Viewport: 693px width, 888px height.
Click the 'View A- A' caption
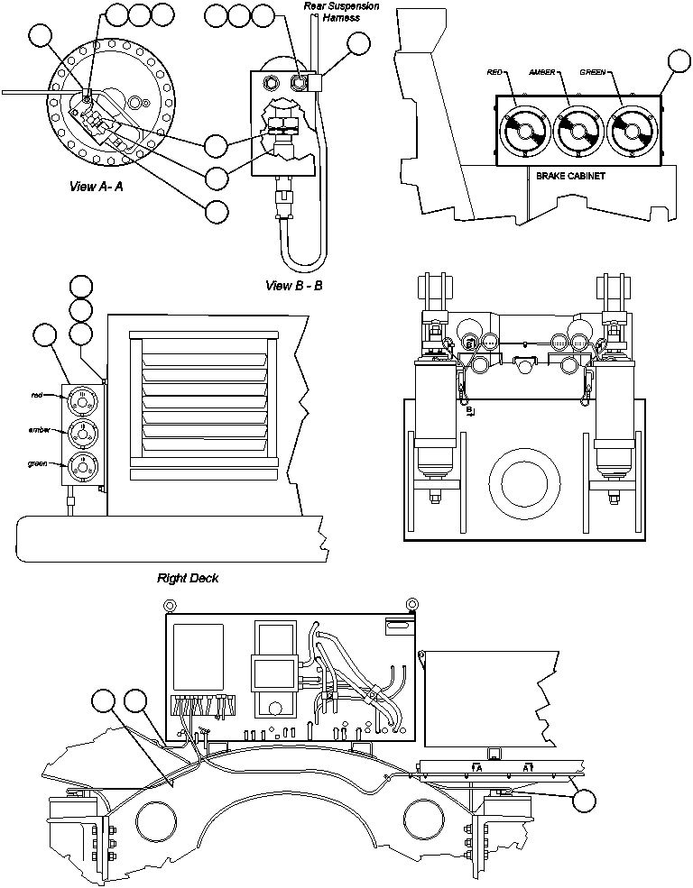(x=102, y=188)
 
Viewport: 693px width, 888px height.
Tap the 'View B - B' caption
(x=294, y=286)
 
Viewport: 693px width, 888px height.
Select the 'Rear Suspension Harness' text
(x=341, y=12)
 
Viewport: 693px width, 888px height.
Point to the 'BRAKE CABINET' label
(x=570, y=177)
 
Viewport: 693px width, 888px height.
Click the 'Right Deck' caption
(x=188, y=578)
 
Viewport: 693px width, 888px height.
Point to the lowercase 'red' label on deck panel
(x=37, y=395)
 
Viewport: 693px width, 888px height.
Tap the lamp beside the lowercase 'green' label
(x=81, y=464)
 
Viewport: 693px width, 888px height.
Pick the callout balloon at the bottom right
(x=586, y=800)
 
